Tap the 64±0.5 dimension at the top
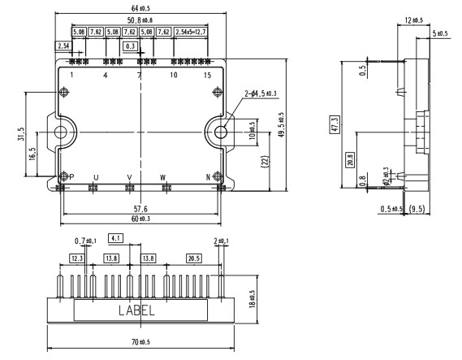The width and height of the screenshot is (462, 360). click(x=138, y=7)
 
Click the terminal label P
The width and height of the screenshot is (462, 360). click(x=71, y=177)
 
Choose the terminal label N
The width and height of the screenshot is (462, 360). click(x=208, y=177)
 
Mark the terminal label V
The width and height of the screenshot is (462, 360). click(x=128, y=177)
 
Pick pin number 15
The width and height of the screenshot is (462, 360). click(x=208, y=76)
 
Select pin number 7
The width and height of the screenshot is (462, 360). click(x=139, y=76)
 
